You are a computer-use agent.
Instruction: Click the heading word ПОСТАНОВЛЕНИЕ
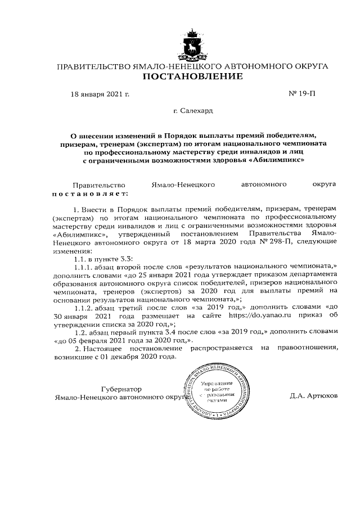click(x=192, y=76)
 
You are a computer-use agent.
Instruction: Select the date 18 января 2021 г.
click(x=100, y=94)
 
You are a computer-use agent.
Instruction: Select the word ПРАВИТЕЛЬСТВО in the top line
click(x=93, y=66)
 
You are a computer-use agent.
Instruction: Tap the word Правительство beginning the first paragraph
click(x=97, y=184)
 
